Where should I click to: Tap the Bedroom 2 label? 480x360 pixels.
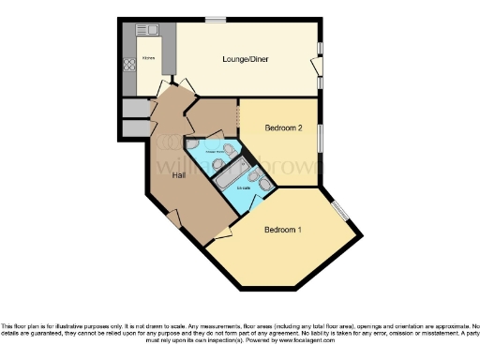tap(282, 127)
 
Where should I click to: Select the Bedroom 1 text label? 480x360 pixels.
tap(282, 230)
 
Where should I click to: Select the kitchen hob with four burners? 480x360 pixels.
tap(129, 66)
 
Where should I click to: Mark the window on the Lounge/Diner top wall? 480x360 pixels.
tap(216, 18)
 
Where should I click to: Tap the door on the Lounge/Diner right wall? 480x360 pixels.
tap(316, 66)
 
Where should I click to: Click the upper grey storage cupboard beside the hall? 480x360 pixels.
tap(135, 109)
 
